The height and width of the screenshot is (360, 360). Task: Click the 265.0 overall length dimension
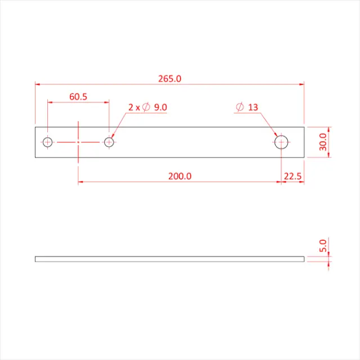point(169,79)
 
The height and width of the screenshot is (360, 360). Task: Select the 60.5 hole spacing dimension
point(78,97)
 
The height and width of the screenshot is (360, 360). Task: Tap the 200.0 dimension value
point(180,176)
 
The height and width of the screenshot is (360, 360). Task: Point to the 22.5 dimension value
point(292,176)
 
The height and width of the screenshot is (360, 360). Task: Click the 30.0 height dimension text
point(322,143)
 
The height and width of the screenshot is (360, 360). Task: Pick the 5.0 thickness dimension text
point(322,246)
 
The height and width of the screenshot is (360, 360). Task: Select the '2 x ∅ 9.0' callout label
point(147,107)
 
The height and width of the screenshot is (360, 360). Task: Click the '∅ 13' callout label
point(247,107)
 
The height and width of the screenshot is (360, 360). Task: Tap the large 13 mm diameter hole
point(281,142)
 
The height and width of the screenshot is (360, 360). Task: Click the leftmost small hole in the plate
point(48,142)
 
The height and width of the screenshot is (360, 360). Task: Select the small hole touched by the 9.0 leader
point(109,142)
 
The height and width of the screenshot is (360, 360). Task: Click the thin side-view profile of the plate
point(169,259)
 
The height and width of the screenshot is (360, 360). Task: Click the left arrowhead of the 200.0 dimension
point(81,182)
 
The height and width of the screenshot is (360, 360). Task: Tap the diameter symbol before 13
point(240,107)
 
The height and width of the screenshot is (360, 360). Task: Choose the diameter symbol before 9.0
point(146,107)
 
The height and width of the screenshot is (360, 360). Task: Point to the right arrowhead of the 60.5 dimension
point(106,102)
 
